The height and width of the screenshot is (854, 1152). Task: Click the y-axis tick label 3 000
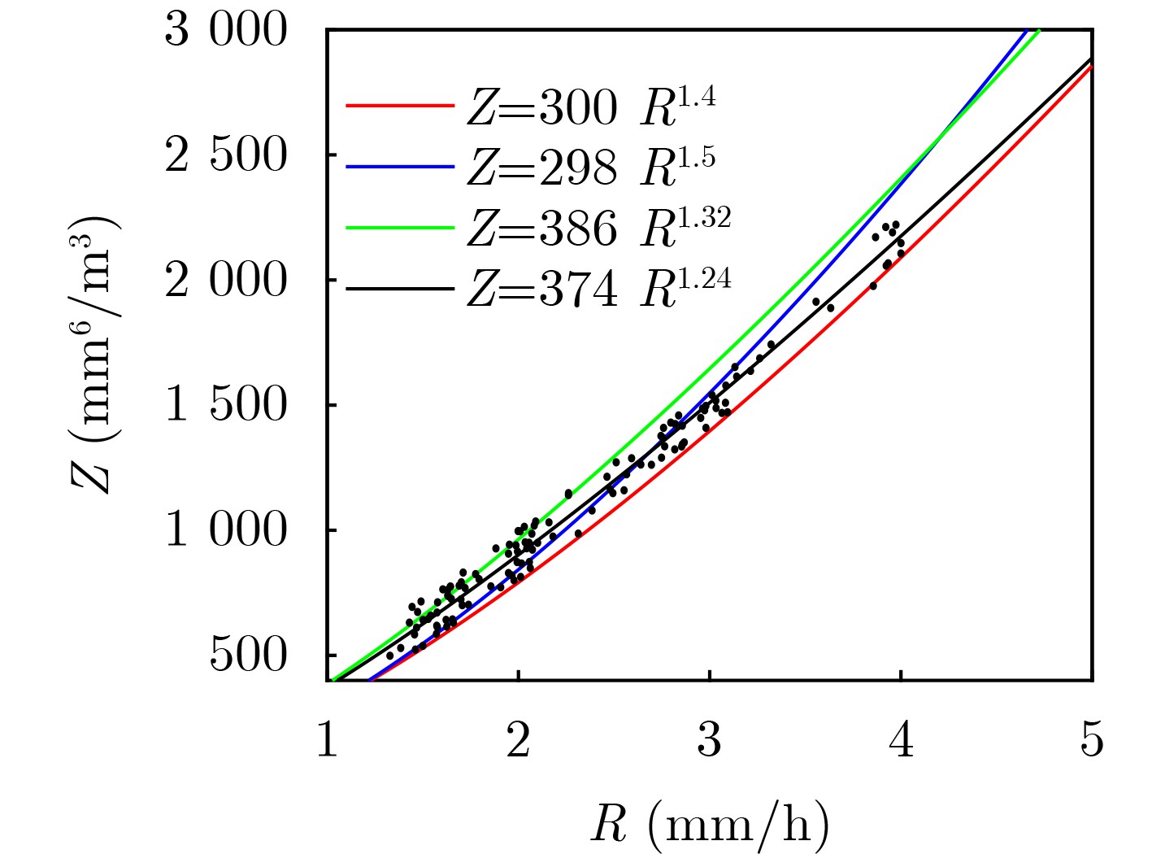pyautogui.click(x=226, y=31)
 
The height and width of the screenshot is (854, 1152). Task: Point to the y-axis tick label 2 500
pyautogui.click(x=226, y=155)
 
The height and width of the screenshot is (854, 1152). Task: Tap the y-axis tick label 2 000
pyautogui.click(x=226, y=281)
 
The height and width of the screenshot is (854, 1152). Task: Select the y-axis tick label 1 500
pyautogui.click(x=226, y=405)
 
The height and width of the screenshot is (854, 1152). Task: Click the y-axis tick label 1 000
pyautogui.click(x=226, y=530)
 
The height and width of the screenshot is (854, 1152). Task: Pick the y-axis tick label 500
pyautogui.click(x=248, y=656)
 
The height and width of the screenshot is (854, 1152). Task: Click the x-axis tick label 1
pyautogui.click(x=327, y=741)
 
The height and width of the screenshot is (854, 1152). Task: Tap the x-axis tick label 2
pyautogui.click(x=518, y=741)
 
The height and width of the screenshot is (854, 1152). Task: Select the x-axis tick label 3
pyautogui.click(x=710, y=741)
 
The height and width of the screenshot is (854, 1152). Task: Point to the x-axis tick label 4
pyautogui.click(x=901, y=741)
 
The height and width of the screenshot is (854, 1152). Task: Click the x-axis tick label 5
pyautogui.click(x=1092, y=741)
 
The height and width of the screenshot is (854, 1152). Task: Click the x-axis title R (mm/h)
pyautogui.click(x=710, y=824)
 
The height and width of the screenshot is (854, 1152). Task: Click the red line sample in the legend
pyautogui.click(x=399, y=106)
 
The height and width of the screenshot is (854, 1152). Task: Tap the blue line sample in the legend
pyautogui.click(x=399, y=166)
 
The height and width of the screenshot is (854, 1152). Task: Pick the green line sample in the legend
pyautogui.click(x=399, y=228)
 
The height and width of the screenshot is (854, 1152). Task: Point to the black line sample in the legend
pyautogui.click(x=399, y=288)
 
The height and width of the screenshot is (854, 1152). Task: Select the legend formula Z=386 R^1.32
pyautogui.click(x=598, y=227)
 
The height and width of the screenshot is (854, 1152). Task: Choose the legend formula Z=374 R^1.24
pyautogui.click(x=598, y=287)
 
